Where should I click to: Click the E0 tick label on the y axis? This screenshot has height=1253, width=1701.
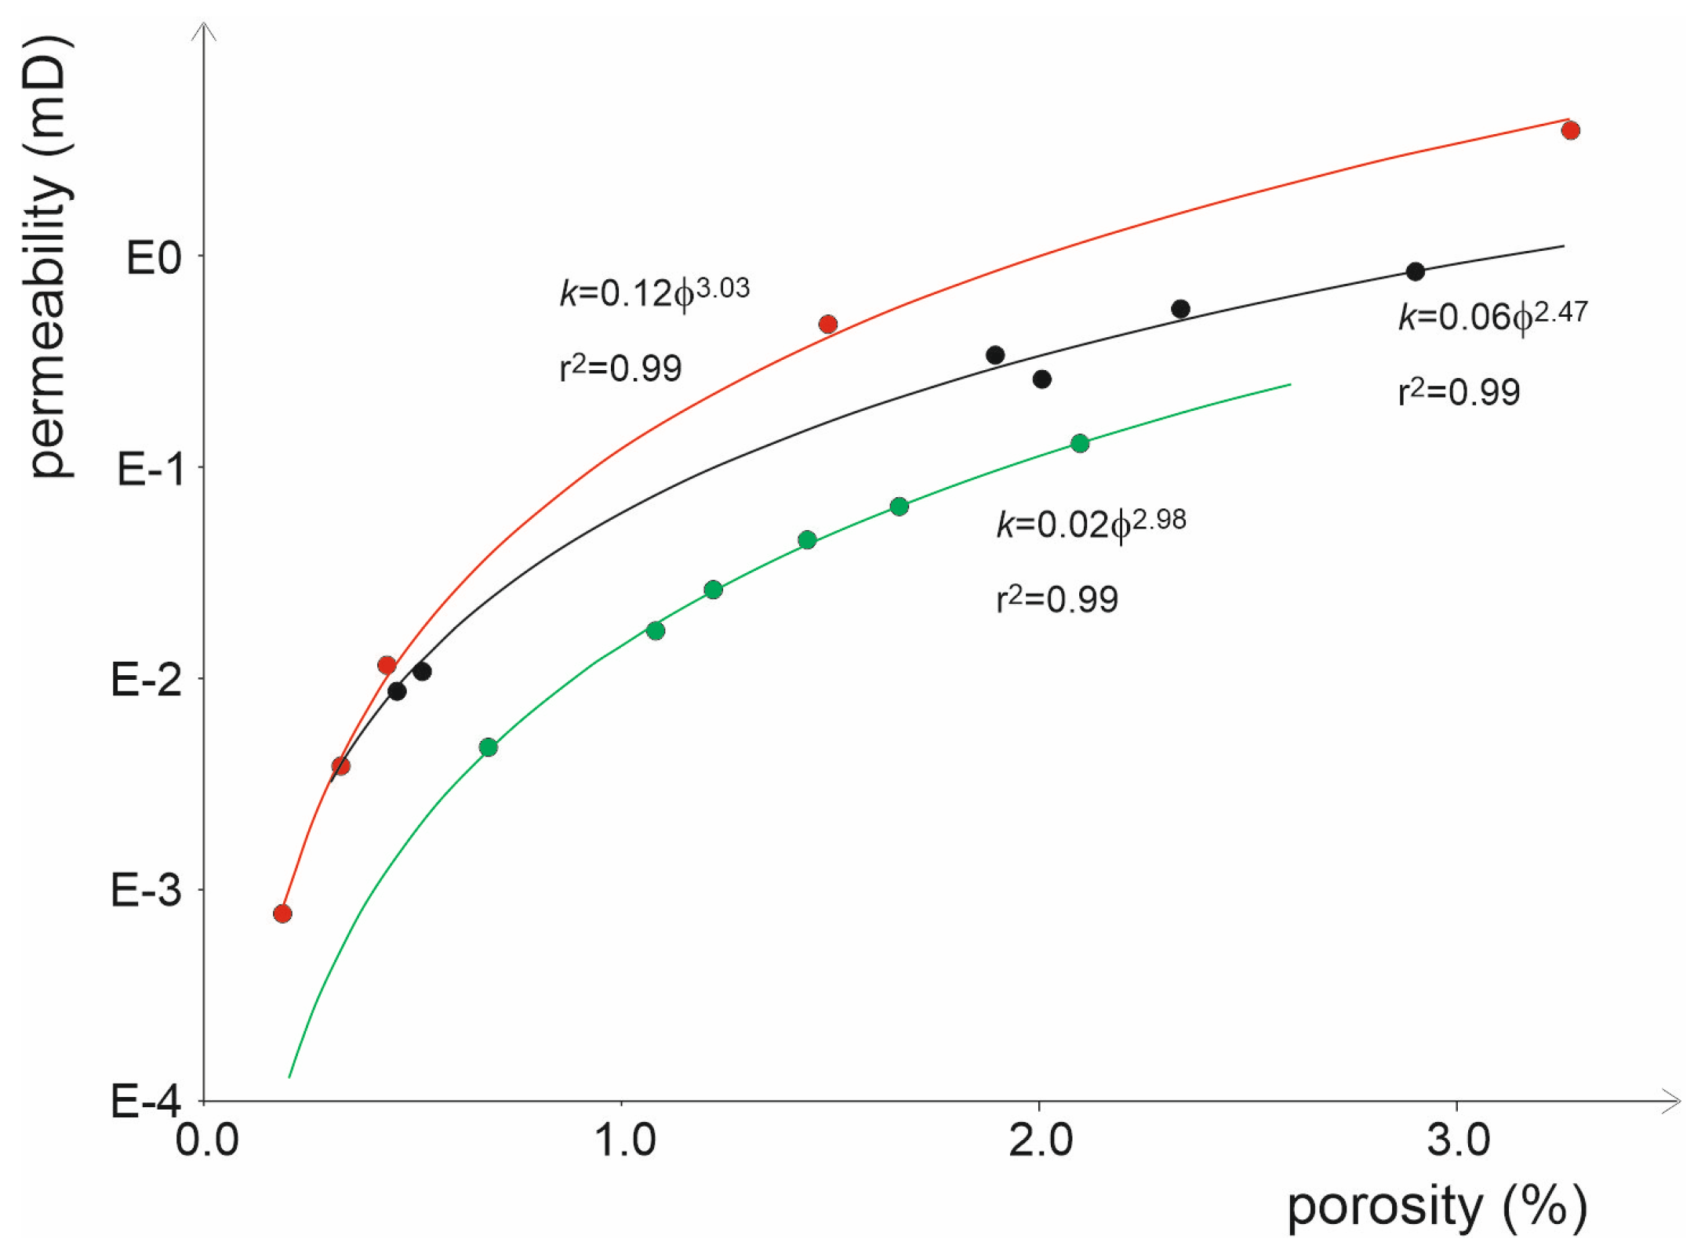point(154,258)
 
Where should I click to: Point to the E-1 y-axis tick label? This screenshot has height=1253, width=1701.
point(150,470)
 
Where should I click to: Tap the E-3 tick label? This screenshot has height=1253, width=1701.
point(147,891)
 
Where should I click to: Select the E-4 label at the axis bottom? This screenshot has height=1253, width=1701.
point(147,1102)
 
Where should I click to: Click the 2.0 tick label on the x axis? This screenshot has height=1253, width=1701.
point(1040,1141)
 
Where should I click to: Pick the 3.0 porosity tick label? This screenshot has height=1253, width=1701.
point(1458,1141)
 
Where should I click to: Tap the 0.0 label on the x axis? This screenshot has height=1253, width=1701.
point(207,1141)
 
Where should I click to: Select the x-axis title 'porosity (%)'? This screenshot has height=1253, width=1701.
point(1437,1208)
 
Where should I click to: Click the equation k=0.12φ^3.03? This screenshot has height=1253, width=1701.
point(655,292)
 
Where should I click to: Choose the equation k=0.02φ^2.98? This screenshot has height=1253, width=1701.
point(1091,523)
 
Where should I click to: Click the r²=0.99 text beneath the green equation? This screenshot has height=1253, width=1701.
point(1057,599)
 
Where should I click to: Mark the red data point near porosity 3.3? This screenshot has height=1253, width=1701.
point(1570,130)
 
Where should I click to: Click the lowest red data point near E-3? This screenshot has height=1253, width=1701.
point(282,913)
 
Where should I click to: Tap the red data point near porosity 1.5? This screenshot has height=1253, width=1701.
point(827,324)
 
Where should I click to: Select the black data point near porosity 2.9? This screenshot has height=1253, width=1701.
point(1415,272)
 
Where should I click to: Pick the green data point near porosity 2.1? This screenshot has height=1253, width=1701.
point(1080,444)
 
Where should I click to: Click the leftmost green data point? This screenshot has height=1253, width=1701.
point(488,747)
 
